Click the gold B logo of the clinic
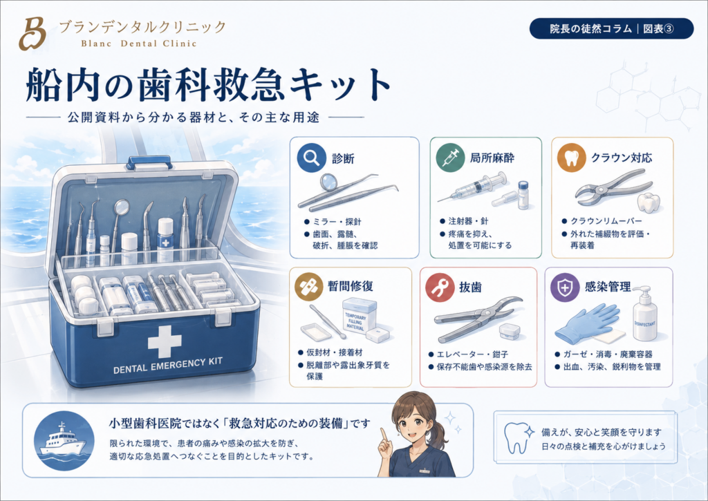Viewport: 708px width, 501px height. click(x=32, y=33)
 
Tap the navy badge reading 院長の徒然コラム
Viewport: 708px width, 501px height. click(x=611, y=28)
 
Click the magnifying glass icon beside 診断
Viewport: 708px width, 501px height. click(x=312, y=158)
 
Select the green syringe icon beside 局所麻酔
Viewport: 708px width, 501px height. click(x=451, y=158)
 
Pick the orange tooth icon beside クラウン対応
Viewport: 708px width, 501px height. click(x=571, y=158)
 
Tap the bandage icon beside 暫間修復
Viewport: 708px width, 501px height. click(x=309, y=286)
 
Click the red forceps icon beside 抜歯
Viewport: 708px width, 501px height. click(x=440, y=287)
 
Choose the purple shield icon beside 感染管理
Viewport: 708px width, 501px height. click(x=565, y=287)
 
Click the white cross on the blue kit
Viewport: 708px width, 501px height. click(x=165, y=341)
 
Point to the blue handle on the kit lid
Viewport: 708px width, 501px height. click(x=149, y=162)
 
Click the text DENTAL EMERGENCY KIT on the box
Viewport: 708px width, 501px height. click(x=168, y=366)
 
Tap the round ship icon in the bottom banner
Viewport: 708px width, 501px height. click(x=64, y=440)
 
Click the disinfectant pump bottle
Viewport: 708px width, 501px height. click(x=645, y=314)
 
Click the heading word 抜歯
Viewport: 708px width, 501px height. click(x=470, y=287)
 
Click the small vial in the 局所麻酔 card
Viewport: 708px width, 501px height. click(x=523, y=195)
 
